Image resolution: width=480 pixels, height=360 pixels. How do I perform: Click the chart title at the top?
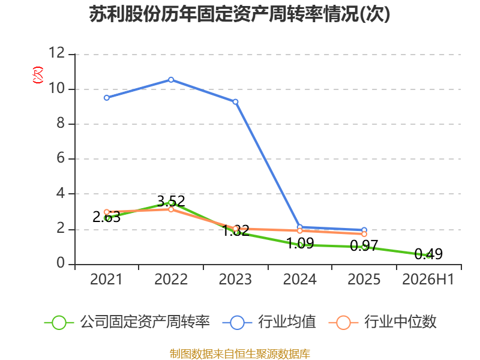click(239, 14)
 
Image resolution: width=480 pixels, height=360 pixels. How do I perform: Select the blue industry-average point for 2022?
click(171, 80)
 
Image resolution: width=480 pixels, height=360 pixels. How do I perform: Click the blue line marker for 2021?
click(107, 98)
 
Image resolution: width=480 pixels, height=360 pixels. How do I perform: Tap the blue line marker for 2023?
click(235, 102)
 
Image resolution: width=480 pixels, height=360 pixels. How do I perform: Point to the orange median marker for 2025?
click(364, 234)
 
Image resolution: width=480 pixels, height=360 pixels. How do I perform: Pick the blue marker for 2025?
click(364, 230)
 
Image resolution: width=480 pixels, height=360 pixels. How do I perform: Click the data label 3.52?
click(171, 201)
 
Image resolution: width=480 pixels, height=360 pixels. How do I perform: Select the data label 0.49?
click(428, 254)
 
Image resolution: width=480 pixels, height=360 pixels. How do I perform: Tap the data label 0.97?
click(364, 245)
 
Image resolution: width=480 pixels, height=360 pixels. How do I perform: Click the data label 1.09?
click(300, 244)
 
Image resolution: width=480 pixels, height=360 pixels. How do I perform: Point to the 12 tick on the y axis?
click(57, 53)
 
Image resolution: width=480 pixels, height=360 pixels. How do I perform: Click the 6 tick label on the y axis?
click(61, 158)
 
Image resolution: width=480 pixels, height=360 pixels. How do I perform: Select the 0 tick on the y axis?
click(61, 263)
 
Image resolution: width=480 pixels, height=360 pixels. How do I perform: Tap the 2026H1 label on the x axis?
click(428, 280)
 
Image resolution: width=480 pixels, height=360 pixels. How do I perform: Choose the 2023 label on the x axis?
click(235, 280)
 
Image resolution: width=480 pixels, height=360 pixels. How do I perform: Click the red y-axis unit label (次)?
click(38, 75)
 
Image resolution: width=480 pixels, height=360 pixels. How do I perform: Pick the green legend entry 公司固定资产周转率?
click(127, 322)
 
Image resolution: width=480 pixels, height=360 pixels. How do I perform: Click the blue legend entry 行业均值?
click(269, 322)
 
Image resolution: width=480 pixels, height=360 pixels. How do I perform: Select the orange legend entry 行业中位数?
click(382, 322)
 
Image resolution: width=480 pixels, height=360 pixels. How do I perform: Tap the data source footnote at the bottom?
click(240, 354)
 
